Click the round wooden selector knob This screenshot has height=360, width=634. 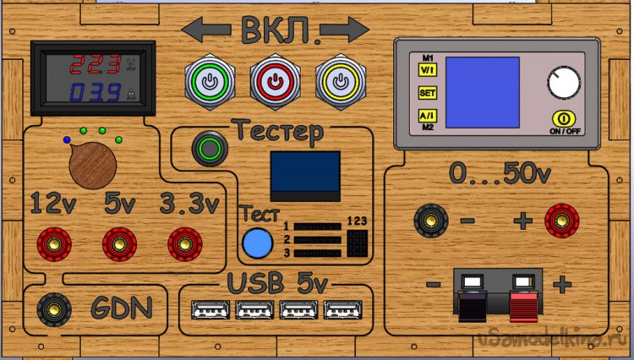tap(92, 165)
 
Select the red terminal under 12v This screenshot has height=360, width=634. tap(52, 245)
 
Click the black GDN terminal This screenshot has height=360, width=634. tap(52, 308)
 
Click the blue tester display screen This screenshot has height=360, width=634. tap(305, 172)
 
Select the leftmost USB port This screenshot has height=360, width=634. tap(205, 311)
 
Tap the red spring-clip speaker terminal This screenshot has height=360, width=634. tap(525, 296)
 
